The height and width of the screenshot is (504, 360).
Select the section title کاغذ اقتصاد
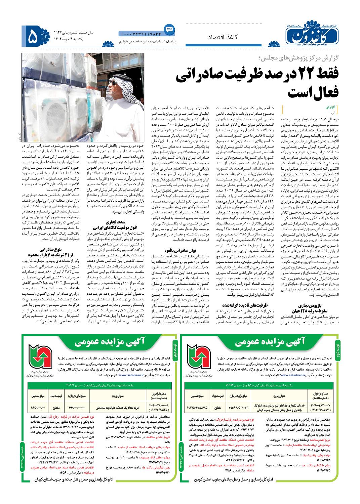click(226, 37)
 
